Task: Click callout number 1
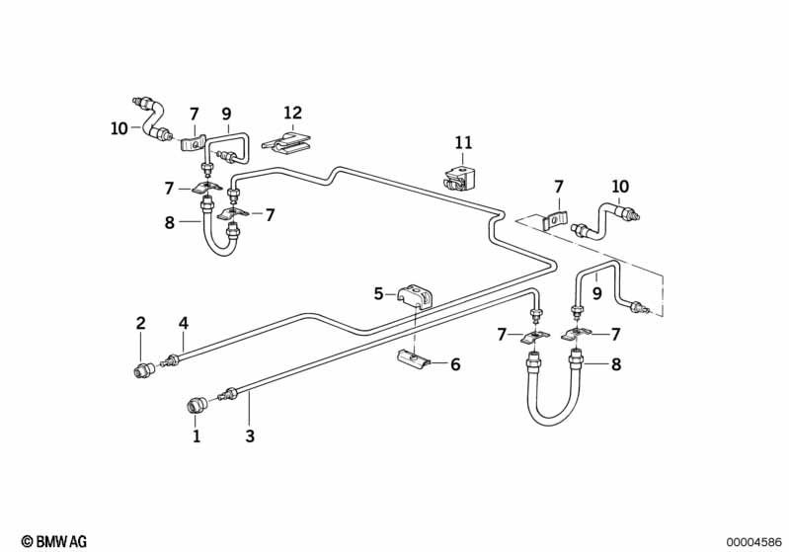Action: pos(197,434)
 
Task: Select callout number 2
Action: pos(140,322)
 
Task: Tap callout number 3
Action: pos(250,434)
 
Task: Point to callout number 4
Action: pos(183,322)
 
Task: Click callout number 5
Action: pos(378,293)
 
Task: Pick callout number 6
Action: pos(455,364)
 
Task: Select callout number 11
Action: pos(463,143)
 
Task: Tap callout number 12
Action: pos(293,114)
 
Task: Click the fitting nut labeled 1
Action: pos(197,404)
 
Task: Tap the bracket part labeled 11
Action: pos(458,179)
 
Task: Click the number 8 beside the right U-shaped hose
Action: pos(616,364)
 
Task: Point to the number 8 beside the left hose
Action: pos(171,223)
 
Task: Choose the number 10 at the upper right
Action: pos(620,187)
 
